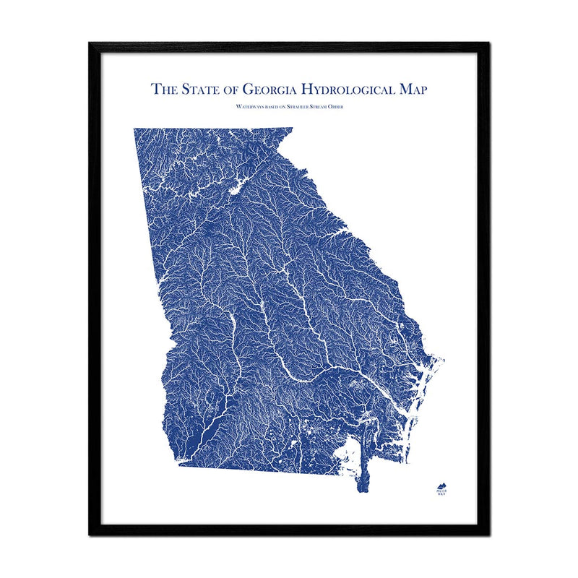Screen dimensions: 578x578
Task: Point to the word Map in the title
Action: (410, 90)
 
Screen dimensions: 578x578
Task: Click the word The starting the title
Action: (161, 90)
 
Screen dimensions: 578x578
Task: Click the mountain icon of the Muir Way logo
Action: (441, 487)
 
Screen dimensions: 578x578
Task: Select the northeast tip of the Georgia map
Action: (291, 130)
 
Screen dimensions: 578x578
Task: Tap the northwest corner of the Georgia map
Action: (135, 131)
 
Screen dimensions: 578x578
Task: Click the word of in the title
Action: (228, 90)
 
